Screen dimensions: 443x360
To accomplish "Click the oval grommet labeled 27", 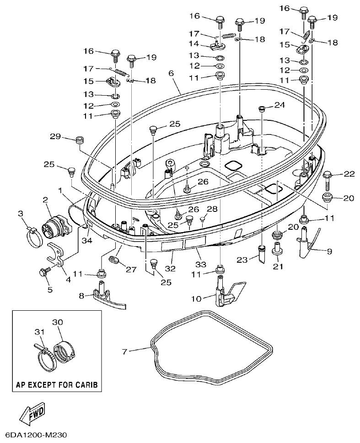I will [114, 260].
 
